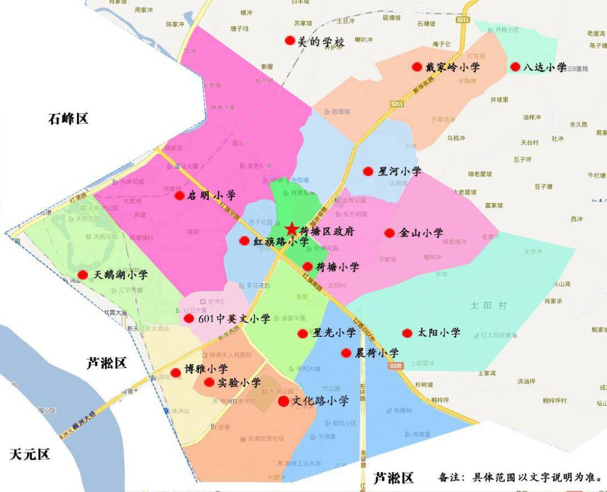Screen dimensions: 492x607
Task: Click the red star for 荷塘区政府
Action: tap(291, 229)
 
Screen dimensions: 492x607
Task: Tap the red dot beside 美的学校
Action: tap(289, 40)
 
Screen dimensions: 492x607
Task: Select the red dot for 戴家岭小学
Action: tap(416, 67)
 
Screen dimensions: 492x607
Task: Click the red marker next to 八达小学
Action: tap(515, 67)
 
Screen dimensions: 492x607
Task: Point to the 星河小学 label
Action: tap(400, 171)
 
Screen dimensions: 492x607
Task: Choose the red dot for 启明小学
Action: tap(179, 196)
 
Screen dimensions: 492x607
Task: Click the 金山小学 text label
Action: tap(421, 233)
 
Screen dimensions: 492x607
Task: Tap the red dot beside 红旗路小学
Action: tap(244, 241)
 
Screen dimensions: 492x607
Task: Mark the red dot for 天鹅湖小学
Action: tap(83, 275)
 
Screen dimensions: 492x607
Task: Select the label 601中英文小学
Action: tap(234, 319)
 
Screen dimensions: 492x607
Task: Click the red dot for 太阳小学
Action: tap(407, 333)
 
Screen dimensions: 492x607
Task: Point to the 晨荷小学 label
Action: tap(377, 353)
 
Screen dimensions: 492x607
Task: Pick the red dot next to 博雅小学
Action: tap(175, 372)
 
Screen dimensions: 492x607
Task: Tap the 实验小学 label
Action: tap(239, 382)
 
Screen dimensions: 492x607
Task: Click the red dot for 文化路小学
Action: tap(283, 401)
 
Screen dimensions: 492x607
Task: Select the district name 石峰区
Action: tap(68, 119)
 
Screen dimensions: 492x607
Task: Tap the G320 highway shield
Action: tap(396, 365)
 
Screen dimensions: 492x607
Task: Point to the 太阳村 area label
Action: tap(488, 305)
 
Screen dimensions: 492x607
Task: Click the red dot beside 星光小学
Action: tap(302, 333)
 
